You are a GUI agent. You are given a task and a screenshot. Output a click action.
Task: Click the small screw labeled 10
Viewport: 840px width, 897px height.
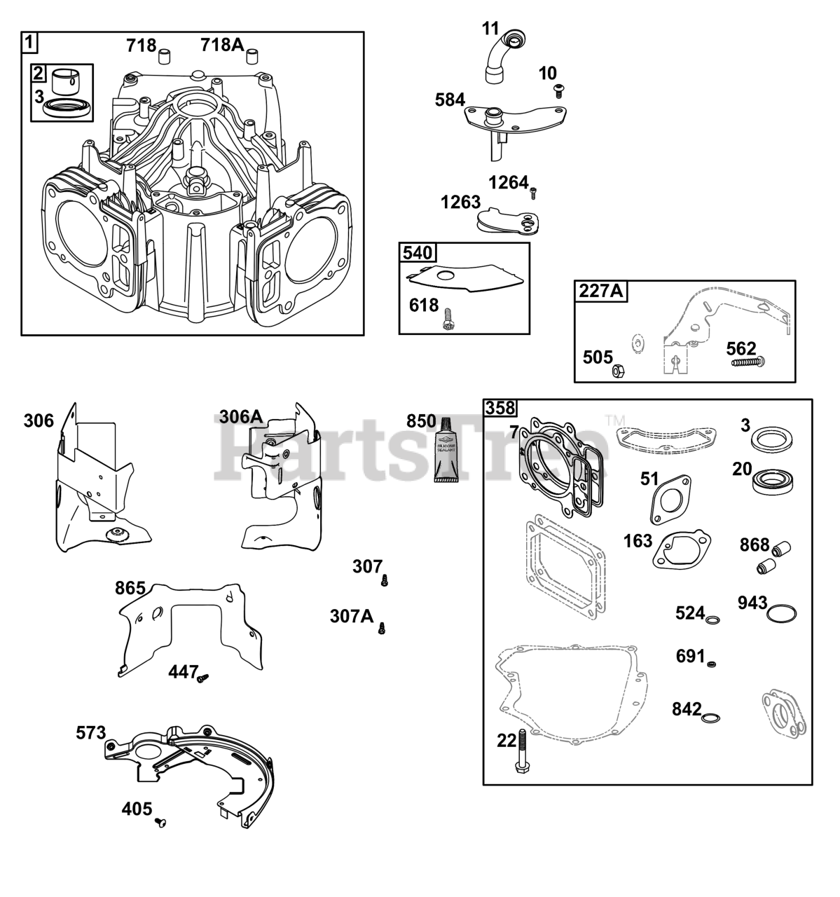click(559, 89)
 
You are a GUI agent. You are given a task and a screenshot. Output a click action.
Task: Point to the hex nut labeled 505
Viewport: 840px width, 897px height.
click(619, 370)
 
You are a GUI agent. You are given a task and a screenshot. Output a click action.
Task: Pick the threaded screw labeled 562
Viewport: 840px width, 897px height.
click(748, 362)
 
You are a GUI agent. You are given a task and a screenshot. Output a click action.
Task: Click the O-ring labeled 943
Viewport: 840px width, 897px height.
click(781, 614)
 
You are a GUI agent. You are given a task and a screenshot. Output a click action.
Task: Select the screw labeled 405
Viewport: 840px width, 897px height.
click(160, 821)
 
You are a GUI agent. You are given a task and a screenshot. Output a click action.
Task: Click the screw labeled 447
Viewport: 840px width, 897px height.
click(204, 678)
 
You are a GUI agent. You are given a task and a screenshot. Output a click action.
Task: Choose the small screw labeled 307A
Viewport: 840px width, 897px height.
click(382, 628)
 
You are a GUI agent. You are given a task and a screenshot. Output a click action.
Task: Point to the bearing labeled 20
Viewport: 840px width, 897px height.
click(769, 481)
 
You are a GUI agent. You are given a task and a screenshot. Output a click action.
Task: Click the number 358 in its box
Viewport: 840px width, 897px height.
click(500, 408)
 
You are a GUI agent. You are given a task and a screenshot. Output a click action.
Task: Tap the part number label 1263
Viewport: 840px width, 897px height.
click(460, 203)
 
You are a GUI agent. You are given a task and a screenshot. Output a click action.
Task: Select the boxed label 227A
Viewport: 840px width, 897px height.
click(600, 290)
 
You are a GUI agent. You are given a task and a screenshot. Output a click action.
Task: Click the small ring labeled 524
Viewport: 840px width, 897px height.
click(713, 620)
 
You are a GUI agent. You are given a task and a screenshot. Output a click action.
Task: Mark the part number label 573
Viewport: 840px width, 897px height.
click(91, 733)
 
